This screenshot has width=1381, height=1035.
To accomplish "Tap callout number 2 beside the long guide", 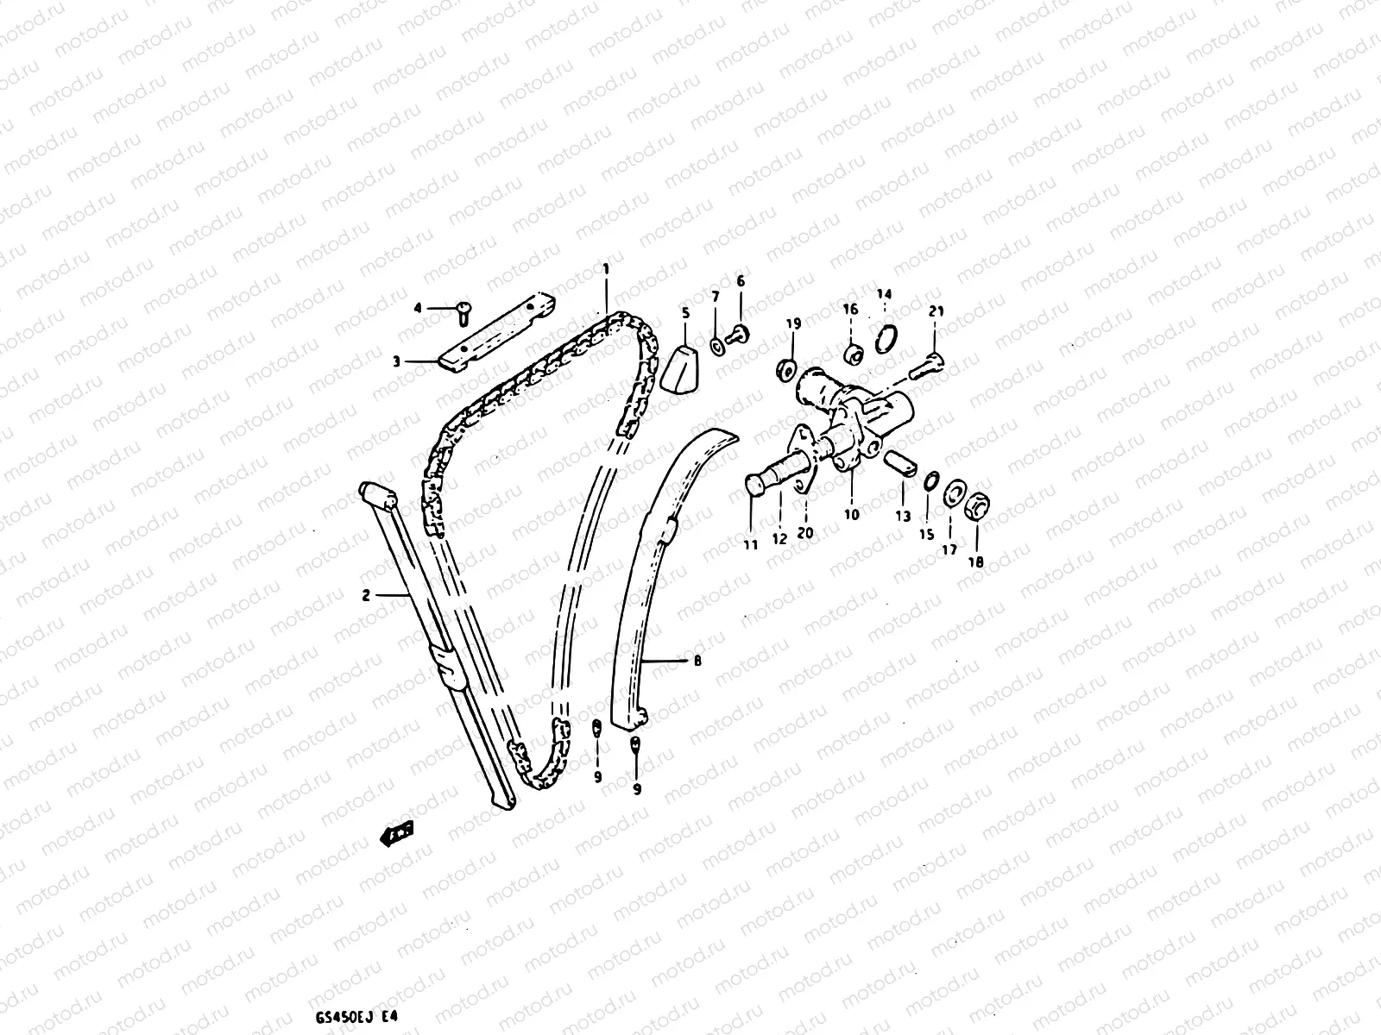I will coord(366,594).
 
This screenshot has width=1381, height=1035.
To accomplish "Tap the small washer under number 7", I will coord(717,347).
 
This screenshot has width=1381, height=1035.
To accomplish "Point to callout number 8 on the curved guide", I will coord(697,662).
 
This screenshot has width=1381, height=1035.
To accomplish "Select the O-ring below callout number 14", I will coord(885,339).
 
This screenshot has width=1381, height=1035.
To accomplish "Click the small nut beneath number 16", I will coord(852,352).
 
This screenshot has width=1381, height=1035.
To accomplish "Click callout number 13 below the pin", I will coord(903,517).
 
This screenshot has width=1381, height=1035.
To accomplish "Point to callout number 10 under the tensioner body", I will coord(852,515).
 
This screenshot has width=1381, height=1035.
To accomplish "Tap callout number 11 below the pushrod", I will coord(751,544).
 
